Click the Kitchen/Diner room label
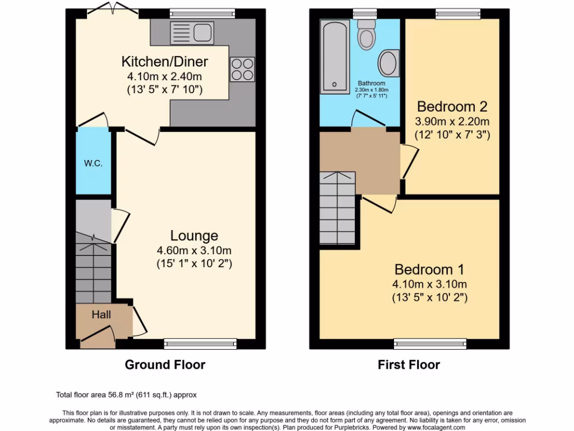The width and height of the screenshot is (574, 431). [x=165, y=61]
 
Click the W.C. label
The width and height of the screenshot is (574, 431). [x=93, y=163]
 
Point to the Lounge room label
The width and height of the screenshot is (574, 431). [x=194, y=236]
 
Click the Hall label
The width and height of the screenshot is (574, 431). [x=101, y=314]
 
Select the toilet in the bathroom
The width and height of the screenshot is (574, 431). [x=367, y=35]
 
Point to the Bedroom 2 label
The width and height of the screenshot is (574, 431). [x=452, y=107]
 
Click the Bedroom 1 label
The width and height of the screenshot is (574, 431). [x=429, y=269]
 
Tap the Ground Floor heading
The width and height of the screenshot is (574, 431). [x=165, y=365]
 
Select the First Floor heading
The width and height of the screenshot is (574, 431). [x=409, y=365]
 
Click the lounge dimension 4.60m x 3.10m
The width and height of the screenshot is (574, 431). [x=194, y=250]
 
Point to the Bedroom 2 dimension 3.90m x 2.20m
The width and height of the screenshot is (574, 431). [x=452, y=121]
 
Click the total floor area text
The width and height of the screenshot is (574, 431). [x=126, y=395]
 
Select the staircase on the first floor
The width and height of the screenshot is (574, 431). [x=338, y=208]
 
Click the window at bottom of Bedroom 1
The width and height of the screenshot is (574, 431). [x=430, y=342]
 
